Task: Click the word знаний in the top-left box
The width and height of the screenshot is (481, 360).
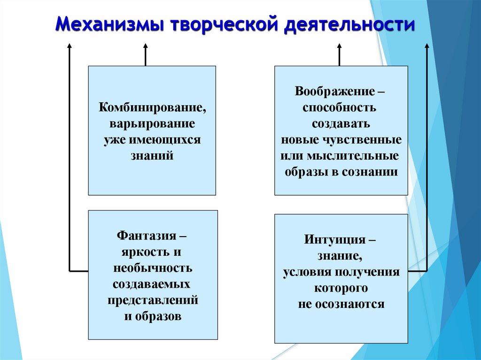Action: pyautogui.click(x=152, y=156)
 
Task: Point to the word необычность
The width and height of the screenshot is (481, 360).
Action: pyautogui.click(x=153, y=268)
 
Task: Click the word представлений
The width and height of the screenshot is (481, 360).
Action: pyautogui.click(x=153, y=300)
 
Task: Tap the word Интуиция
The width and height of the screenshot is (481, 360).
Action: pyautogui.click(x=331, y=239)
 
